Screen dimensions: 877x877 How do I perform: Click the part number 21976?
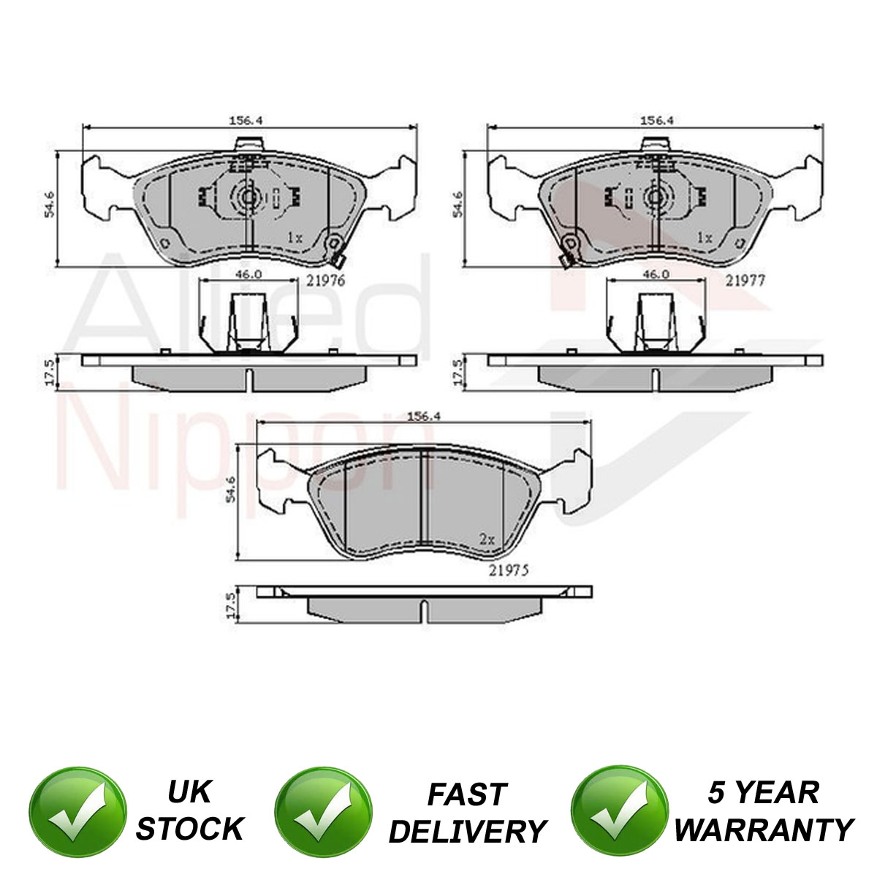(325, 281)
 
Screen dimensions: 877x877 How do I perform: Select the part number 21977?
(745, 281)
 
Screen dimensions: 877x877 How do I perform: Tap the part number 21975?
(509, 570)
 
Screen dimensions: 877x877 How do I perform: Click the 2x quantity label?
(487, 539)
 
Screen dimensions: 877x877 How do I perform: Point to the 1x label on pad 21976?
(295, 237)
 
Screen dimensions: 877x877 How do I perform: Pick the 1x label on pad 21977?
(704, 237)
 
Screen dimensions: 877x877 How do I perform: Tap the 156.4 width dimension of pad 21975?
(424, 417)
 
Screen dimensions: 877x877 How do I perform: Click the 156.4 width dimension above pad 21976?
(246, 121)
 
